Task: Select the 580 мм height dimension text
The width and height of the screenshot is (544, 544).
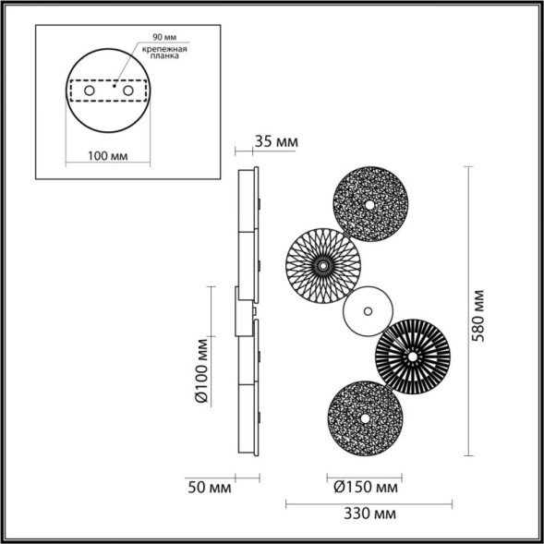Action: click(x=478, y=314)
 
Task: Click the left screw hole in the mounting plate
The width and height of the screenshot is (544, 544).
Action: click(x=89, y=91)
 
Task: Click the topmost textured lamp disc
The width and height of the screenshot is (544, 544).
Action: click(x=369, y=203)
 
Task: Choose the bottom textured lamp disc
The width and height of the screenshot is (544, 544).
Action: click(x=364, y=418)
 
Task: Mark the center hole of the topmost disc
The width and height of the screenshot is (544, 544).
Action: click(x=369, y=203)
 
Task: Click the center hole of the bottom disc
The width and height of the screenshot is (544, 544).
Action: click(x=364, y=418)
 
